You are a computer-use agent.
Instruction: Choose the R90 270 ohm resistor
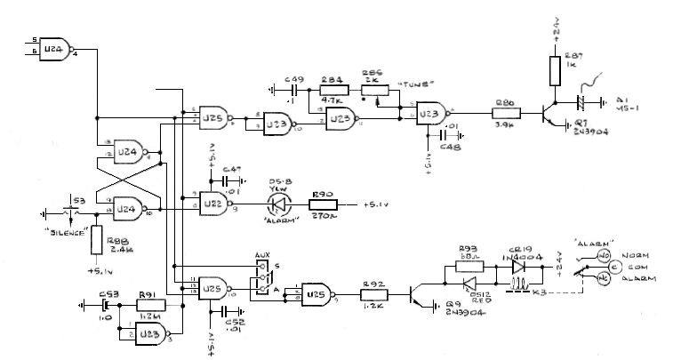322,205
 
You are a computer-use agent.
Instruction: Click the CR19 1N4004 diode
519,265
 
